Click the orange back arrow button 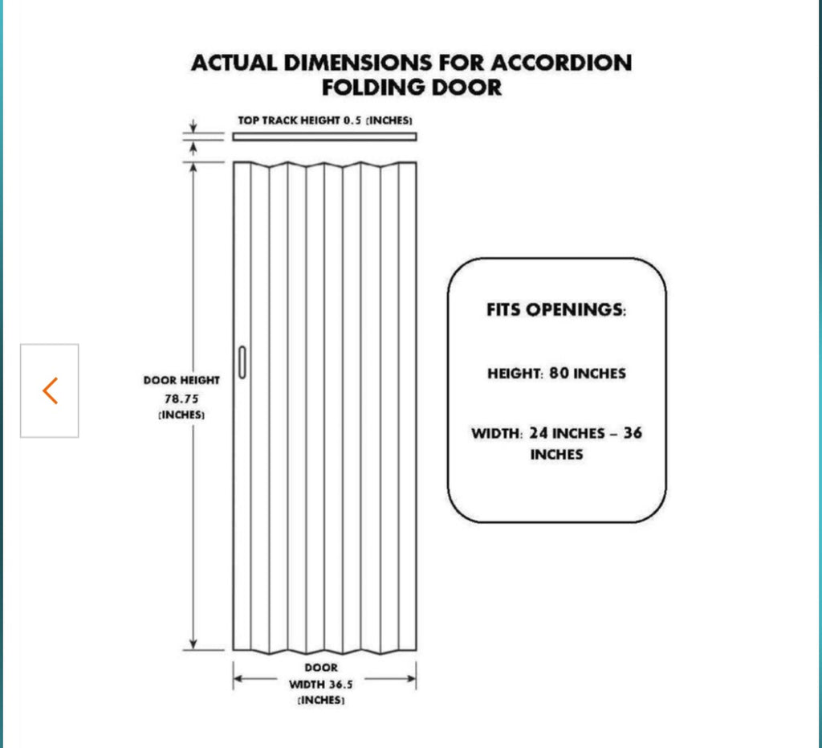coord(50,390)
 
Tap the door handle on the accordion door coord(242,358)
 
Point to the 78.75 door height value coord(181,398)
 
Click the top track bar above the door coord(324,137)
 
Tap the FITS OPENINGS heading coord(555,310)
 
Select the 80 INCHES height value coord(588,374)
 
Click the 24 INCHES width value coord(567,433)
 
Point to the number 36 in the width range coord(633,433)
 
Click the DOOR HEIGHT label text coord(181,380)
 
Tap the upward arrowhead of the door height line coord(193,167)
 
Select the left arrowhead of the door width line coord(238,680)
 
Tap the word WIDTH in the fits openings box coord(495,434)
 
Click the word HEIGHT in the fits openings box coord(515,374)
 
